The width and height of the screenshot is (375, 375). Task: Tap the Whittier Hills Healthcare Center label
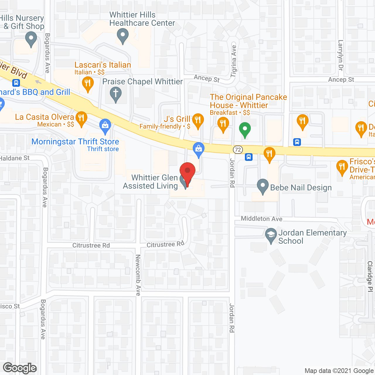[x=142, y=19]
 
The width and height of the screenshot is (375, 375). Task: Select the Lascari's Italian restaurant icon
[x=88, y=84]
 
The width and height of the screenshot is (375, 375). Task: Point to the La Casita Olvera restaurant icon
[x=81, y=118]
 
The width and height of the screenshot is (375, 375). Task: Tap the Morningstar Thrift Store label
[x=75, y=142]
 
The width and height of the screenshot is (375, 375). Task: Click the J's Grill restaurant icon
[x=198, y=120]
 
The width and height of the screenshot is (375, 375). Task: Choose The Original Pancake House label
[x=248, y=101]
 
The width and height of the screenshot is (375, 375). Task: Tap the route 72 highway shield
[x=238, y=150]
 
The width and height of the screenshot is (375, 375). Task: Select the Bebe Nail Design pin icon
[x=263, y=186]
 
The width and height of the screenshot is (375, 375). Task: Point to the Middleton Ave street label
[x=261, y=219]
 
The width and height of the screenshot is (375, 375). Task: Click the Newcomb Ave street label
[x=138, y=275]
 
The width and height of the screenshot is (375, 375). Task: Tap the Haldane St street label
[x=15, y=158]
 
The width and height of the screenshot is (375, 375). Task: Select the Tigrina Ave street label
[x=233, y=61]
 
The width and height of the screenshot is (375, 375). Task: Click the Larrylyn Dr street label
[x=340, y=55]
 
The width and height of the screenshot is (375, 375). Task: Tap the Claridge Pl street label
[x=370, y=276]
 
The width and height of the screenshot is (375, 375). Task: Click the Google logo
[x=20, y=368]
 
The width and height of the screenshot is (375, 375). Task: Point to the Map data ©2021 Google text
[x=339, y=371]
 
